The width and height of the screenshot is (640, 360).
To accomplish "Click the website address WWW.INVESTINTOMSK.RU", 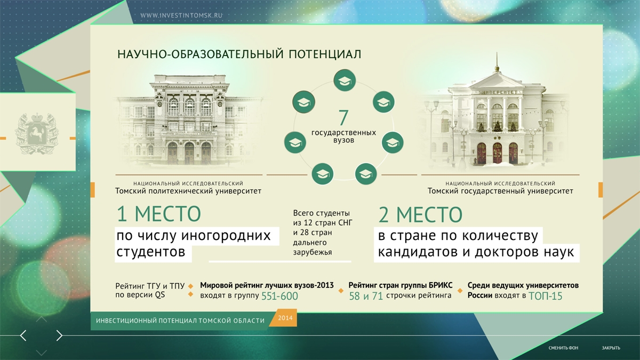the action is point(181,15).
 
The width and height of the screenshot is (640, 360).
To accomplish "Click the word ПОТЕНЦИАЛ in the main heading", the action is point(325,54).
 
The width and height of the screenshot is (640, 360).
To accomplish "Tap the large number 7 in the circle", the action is point(343,117).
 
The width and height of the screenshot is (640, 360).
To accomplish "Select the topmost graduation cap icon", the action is point(345,81).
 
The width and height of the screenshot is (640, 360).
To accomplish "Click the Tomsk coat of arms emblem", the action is point(37,133).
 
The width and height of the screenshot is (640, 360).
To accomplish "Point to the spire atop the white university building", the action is point(497,61).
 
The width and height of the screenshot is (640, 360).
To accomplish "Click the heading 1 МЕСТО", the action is point(159,214).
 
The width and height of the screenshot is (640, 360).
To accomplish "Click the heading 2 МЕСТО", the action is point(420,215).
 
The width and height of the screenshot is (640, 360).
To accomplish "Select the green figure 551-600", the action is point(279,296).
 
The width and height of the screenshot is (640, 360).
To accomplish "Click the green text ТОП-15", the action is point(546,296).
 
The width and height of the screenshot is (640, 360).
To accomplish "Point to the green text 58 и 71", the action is point(366,296).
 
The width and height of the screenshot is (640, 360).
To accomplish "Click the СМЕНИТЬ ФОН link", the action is point(563,348).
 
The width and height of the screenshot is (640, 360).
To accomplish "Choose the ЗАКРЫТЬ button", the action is point(611,348).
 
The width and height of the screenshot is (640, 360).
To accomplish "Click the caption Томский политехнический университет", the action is point(188,191).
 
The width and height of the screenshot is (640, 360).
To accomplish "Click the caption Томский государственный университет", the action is point(500,191).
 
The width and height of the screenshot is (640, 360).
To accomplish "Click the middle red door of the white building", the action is point(498,154).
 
